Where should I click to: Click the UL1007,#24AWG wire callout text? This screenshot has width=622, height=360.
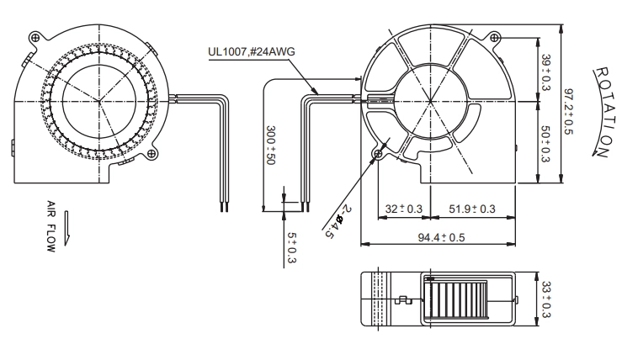(252, 52)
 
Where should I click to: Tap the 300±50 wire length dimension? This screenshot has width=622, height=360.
(271, 146)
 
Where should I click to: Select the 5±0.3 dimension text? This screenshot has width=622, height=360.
(292, 248)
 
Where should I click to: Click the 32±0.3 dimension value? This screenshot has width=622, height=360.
(403, 209)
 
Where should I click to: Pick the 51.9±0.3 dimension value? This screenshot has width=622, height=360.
(472, 209)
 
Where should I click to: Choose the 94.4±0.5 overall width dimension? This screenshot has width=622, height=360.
(441, 237)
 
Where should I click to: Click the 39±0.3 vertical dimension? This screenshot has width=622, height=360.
(546, 72)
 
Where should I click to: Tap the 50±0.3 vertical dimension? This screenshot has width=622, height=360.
(545, 144)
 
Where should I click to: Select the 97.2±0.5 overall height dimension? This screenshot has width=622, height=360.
(569, 111)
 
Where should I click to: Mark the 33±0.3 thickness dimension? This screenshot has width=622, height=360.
(546, 299)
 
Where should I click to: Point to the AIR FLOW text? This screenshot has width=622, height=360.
(51, 226)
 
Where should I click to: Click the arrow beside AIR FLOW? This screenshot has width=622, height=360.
(66, 228)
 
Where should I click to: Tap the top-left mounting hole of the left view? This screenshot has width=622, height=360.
(35, 38)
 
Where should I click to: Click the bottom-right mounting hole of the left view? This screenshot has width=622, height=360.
(152, 153)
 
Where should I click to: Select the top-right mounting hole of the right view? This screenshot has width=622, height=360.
(494, 38)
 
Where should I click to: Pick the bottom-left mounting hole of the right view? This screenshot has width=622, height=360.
(378, 153)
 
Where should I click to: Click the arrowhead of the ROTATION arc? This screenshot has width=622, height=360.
(595, 152)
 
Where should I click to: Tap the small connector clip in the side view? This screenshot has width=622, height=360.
(403, 300)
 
